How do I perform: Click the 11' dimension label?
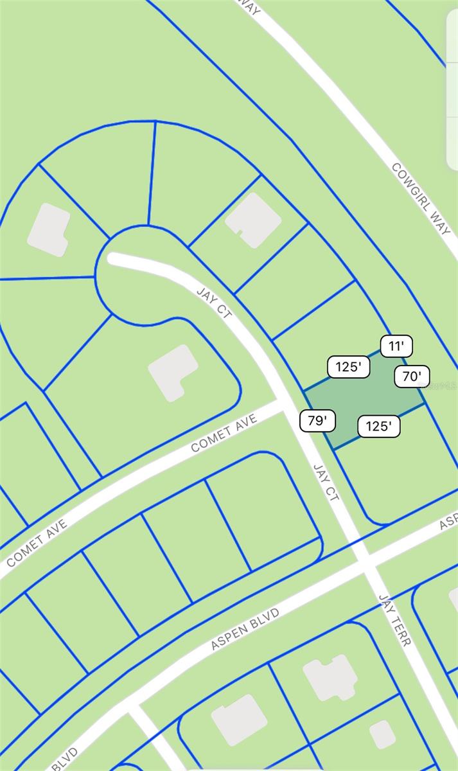point(396,346)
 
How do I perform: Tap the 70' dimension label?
point(411,377)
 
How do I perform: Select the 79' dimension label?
point(318,421)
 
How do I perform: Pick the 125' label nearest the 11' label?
point(349,367)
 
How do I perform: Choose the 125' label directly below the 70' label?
point(379,426)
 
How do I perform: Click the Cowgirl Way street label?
point(421,198)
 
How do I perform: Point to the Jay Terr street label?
point(394,619)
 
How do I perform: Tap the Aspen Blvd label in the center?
point(245,629)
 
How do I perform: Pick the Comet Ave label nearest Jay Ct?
point(224,433)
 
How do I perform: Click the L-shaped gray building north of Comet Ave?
point(173,372)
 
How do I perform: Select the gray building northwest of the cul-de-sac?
point(49,229)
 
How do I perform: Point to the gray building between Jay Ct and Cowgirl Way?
point(253,220)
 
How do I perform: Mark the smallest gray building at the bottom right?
point(383,734)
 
